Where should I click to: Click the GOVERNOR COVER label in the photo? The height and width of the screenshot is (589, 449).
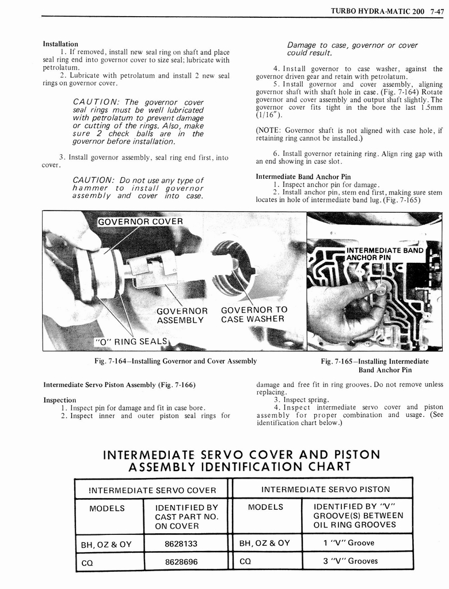click(140, 221)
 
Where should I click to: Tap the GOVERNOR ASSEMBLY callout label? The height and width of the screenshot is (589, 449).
click(182, 315)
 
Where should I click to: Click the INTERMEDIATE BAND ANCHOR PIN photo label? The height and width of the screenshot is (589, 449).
click(384, 254)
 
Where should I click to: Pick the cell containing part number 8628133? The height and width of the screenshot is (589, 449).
click(181, 543)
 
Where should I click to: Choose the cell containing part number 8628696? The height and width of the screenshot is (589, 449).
click(181, 561)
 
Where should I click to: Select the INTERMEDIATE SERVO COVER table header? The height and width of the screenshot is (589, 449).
click(152, 490)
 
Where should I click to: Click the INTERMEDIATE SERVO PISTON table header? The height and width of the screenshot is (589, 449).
click(325, 489)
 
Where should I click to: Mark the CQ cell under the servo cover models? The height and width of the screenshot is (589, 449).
click(87, 562)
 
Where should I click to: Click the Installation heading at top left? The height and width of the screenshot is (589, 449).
click(60, 44)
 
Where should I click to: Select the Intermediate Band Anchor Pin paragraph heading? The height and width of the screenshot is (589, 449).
click(303, 176)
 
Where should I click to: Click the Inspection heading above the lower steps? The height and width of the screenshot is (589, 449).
click(60, 400)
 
